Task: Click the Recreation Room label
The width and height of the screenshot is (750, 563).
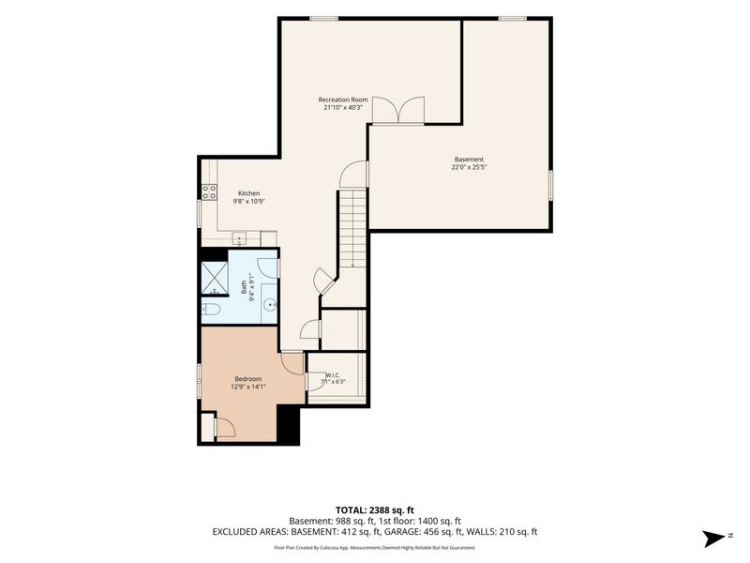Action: pyautogui.click(x=343, y=99)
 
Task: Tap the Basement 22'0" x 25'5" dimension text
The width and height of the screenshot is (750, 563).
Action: pyautogui.click(x=469, y=167)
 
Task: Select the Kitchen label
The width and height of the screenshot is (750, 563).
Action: pyautogui.click(x=248, y=193)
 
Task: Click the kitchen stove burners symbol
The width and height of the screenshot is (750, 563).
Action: pyautogui.click(x=209, y=192)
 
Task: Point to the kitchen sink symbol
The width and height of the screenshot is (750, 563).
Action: pyautogui.click(x=239, y=237)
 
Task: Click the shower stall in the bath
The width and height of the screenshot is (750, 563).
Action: pyautogui.click(x=215, y=279)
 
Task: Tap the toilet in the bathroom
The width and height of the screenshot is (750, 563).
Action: pyautogui.click(x=210, y=310)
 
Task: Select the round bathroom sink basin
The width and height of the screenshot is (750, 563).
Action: pyautogui.click(x=271, y=303)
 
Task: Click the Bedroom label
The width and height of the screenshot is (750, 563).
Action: pyautogui.click(x=248, y=379)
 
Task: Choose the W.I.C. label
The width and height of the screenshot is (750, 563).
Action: pyautogui.click(x=333, y=374)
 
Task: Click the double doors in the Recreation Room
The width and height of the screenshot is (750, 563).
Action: pyautogui.click(x=398, y=110)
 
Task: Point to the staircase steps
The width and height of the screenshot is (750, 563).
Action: pyautogui.click(x=352, y=229)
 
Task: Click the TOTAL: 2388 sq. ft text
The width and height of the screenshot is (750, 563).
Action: pyautogui.click(x=374, y=510)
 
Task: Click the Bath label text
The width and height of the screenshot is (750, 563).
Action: pyautogui.click(x=244, y=287)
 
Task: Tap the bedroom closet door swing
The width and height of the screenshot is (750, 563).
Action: pyautogui.click(x=225, y=427)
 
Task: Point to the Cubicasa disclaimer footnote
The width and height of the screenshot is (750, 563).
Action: pyautogui.click(x=374, y=547)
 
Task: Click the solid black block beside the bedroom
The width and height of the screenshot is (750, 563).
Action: pyautogui.click(x=288, y=424)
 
